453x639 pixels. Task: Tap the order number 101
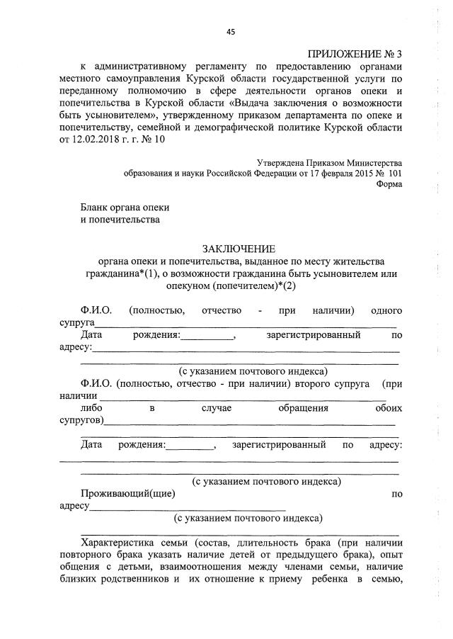pyautogui.click(x=394, y=173)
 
